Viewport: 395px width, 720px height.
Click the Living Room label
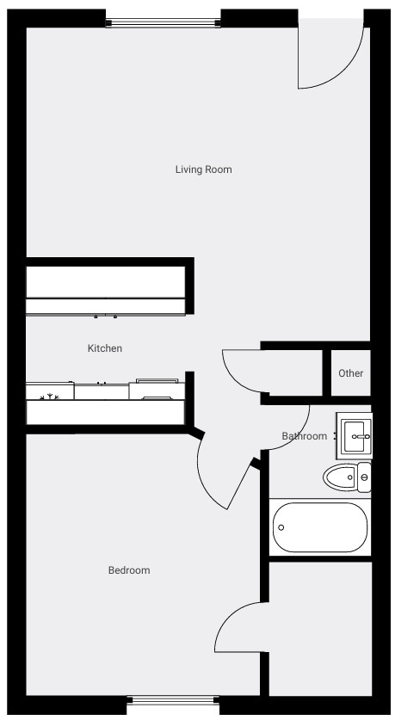(x=203, y=169)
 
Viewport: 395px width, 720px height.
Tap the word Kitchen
(x=105, y=348)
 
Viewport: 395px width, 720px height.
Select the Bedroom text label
(x=129, y=570)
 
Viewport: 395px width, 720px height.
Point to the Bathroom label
(x=304, y=436)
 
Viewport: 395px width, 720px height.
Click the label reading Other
(x=351, y=373)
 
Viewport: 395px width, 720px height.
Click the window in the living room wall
(x=163, y=22)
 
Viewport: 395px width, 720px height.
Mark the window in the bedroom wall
(x=173, y=700)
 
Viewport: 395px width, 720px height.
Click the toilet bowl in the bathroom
(x=340, y=477)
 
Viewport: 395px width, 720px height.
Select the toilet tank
(x=364, y=477)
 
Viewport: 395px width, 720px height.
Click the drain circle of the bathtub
(x=281, y=527)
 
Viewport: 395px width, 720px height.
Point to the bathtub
(x=320, y=527)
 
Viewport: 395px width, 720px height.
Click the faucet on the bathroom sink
(x=365, y=437)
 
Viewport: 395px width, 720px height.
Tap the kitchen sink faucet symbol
(x=49, y=396)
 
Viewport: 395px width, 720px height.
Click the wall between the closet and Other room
(x=326, y=372)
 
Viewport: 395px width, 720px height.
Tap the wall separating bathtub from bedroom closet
(x=320, y=559)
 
